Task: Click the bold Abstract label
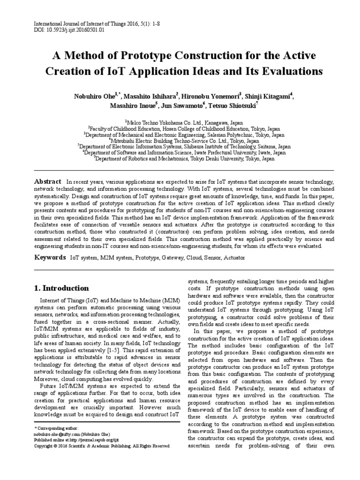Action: point(48,181)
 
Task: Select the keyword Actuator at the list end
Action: point(233,258)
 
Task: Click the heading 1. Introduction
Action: point(61,288)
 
